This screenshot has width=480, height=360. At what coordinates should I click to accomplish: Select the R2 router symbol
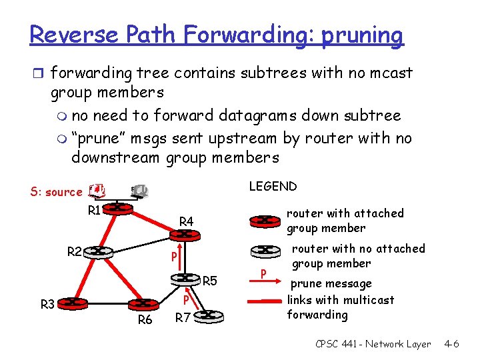[97, 251]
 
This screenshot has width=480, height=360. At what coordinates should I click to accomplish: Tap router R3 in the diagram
[71, 305]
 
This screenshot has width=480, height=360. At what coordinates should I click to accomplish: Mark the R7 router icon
[209, 315]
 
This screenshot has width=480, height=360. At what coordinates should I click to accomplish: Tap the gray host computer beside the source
[139, 191]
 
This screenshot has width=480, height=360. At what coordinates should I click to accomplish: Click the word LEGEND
[273, 186]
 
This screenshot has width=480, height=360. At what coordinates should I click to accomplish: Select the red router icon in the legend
[265, 220]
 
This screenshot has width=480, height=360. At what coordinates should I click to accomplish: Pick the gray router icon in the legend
[265, 251]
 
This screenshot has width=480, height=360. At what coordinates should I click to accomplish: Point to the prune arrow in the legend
[264, 273]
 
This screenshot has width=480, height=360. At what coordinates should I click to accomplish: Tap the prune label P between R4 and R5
[173, 257]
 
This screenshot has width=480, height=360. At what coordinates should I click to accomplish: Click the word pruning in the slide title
[362, 34]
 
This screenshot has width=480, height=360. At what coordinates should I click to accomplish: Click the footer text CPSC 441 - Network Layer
[373, 344]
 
